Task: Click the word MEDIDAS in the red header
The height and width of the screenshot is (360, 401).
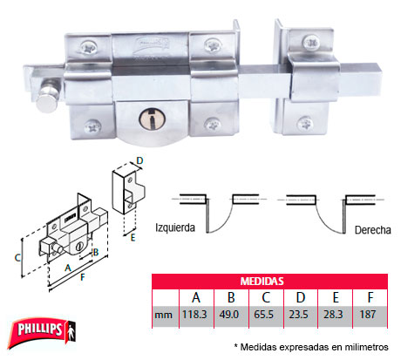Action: [x=262, y=282]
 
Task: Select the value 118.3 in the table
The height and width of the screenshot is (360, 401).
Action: [x=194, y=315]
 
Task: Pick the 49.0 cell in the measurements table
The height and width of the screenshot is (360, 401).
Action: [x=229, y=315]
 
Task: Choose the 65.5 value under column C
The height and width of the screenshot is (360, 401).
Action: [x=263, y=315]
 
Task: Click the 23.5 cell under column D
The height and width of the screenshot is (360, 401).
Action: [x=298, y=315]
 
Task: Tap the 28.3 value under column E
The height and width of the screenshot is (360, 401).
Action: [x=333, y=315]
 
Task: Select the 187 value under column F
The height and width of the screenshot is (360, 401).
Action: [x=368, y=315]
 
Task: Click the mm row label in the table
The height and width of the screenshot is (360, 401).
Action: [x=163, y=316]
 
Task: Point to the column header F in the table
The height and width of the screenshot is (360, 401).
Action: [x=370, y=297]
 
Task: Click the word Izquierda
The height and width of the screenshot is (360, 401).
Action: [x=175, y=228]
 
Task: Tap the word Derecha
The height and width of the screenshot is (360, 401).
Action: [x=373, y=230]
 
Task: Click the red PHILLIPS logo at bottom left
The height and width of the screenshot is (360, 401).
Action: [x=42, y=332]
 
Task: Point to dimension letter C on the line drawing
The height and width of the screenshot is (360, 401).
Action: [x=17, y=257]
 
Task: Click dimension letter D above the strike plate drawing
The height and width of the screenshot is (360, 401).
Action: [x=139, y=160]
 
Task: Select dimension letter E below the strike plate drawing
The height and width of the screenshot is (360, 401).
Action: [x=133, y=238]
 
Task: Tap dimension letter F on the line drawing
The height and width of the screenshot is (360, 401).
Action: [x=83, y=277]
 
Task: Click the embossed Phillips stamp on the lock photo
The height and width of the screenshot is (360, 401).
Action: [x=151, y=44]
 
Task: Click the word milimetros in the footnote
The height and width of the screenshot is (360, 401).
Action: [x=366, y=347]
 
